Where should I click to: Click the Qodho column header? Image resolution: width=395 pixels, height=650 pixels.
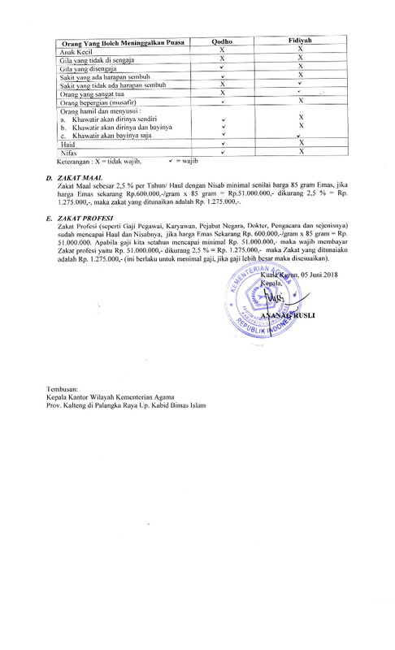point(222,41)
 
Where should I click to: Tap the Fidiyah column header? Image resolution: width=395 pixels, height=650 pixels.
point(300,41)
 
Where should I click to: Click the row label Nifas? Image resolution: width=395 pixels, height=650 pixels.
point(70,152)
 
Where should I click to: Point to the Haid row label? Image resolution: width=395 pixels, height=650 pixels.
point(69,143)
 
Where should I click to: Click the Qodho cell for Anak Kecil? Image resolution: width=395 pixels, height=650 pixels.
point(222,50)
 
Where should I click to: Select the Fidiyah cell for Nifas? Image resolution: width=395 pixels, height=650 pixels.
point(301,152)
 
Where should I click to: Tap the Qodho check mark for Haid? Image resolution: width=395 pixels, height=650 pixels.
point(222,143)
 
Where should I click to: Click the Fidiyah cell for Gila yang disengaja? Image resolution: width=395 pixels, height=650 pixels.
point(301,67)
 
